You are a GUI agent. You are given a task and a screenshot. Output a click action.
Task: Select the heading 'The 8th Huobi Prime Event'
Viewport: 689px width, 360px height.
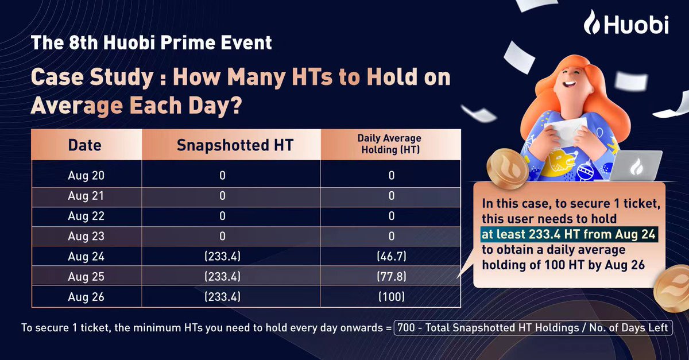click(x=152, y=42)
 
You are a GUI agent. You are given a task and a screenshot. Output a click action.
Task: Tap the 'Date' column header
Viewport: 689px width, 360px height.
click(x=85, y=144)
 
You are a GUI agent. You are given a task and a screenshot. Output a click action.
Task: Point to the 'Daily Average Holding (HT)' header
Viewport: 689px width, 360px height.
click(x=391, y=144)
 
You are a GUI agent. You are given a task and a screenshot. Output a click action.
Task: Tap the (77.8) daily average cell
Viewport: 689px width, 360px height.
click(x=391, y=277)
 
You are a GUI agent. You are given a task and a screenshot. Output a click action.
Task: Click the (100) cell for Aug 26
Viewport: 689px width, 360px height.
click(x=391, y=297)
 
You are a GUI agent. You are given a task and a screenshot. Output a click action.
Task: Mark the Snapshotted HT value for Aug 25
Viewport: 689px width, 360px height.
click(x=222, y=277)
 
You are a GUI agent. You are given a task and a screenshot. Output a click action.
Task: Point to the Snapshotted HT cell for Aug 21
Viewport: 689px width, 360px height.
click(x=222, y=195)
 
